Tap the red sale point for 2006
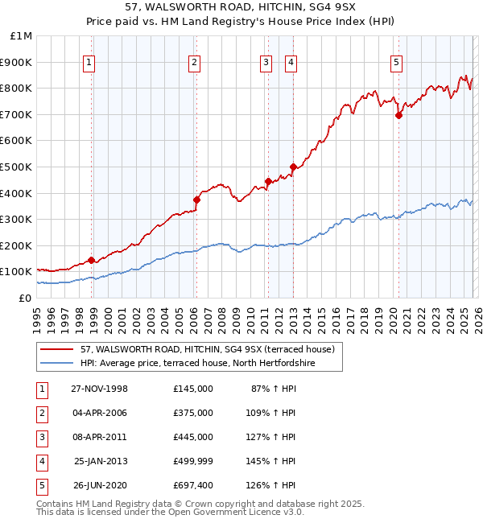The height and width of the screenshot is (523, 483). click(x=196, y=200)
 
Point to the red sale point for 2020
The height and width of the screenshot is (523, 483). click(x=398, y=115)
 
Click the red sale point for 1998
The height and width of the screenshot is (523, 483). click(x=92, y=260)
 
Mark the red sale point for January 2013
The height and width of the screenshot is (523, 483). click(x=293, y=167)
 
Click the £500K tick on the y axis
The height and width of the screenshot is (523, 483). click(x=17, y=167)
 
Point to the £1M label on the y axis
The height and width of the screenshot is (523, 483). click(x=22, y=36)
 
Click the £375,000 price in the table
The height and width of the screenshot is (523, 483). click(x=193, y=412)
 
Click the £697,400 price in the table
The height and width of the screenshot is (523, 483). click(x=193, y=485)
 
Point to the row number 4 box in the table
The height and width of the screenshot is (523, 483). click(x=39, y=461)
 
